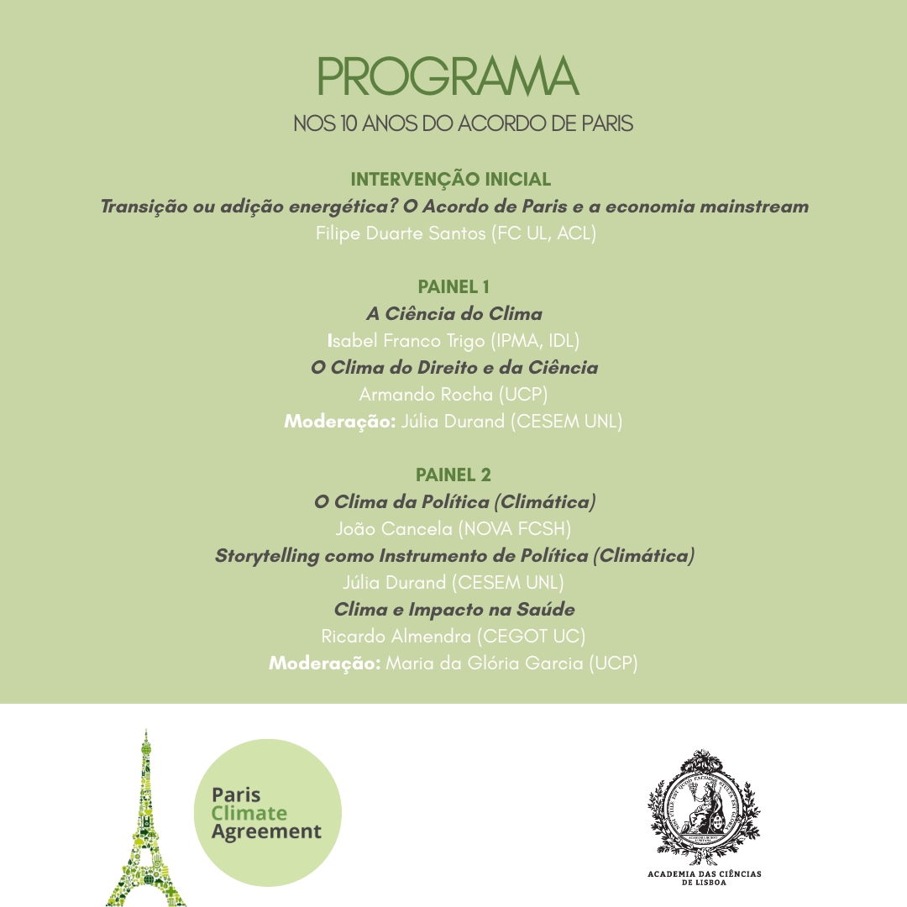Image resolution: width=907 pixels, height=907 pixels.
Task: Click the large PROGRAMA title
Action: tap(448, 77)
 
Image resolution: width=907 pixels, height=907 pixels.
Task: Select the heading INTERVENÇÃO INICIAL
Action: tap(450, 180)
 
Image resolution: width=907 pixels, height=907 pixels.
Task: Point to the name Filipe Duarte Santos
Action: tap(401, 233)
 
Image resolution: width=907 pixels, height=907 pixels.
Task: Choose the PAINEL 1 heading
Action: tap(453, 287)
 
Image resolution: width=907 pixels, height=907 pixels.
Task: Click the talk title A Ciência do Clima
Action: tap(453, 314)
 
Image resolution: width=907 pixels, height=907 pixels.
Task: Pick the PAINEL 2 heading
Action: tap(453, 475)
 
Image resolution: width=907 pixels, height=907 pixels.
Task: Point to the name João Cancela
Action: tap(394, 529)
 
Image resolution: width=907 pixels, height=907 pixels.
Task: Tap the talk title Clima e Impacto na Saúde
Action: tap(453, 610)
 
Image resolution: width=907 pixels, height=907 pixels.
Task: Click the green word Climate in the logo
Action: tap(249, 813)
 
